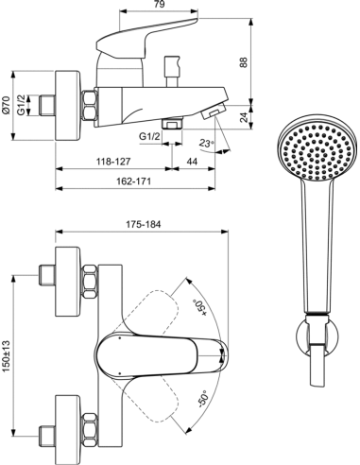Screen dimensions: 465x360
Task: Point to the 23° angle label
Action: click(x=207, y=144)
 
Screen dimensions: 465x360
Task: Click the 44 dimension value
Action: click(x=193, y=163)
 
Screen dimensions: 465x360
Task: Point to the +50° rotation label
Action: click(x=199, y=307)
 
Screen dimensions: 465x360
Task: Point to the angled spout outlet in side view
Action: click(x=215, y=113)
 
